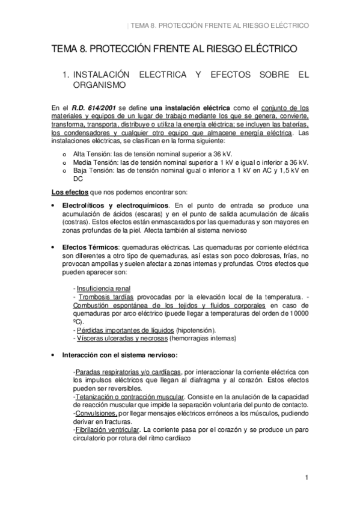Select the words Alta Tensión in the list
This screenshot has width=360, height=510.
pyautogui.click(x=90, y=155)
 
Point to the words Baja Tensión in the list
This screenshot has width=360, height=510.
pyautogui.click(x=90, y=171)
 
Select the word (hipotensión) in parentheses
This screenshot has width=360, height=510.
pyautogui.click(x=196, y=330)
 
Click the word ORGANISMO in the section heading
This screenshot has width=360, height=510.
pyautogui.click(x=99, y=85)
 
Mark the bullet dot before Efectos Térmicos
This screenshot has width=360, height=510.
pyautogui.click(x=55, y=248)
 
